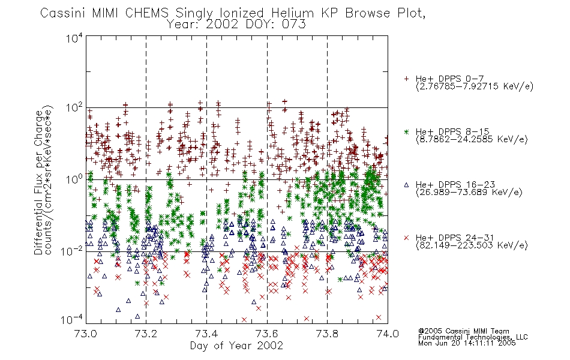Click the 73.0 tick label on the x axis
pyautogui.click(x=86, y=334)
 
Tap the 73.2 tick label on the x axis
pyautogui.click(x=146, y=334)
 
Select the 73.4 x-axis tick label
pyautogui.click(x=206, y=334)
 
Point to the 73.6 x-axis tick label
pyautogui.click(x=267, y=334)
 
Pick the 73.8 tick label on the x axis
pyautogui.click(x=327, y=334)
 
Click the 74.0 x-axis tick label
pyautogui.click(x=388, y=334)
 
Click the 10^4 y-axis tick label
pyautogui.click(x=74, y=38)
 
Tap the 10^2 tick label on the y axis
pyautogui.click(x=74, y=108)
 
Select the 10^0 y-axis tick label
pyautogui.click(x=74, y=179)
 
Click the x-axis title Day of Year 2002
pyautogui.click(x=236, y=346)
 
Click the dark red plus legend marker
pyautogui.click(x=406, y=79)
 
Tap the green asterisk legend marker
pyautogui.click(x=406, y=131)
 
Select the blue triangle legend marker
pyautogui.click(x=406, y=185)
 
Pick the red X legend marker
pyautogui.click(x=406, y=238)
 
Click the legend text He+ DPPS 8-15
pyautogui.click(x=452, y=131)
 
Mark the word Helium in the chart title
pyautogui.click(x=292, y=13)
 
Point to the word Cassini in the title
pyautogui.click(x=62, y=13)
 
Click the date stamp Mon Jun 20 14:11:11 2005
pyautogui.click(x=467, y=343)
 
